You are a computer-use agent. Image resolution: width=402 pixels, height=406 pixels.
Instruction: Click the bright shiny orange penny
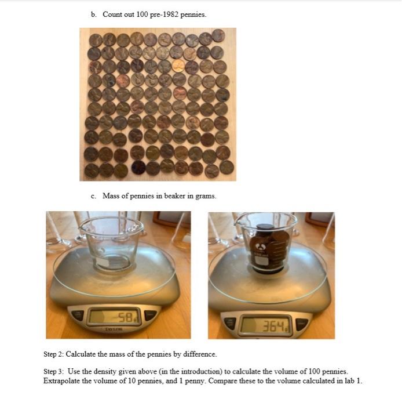(x=178, y=66)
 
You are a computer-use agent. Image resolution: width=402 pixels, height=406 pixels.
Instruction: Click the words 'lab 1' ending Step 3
(x=352, y=380)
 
